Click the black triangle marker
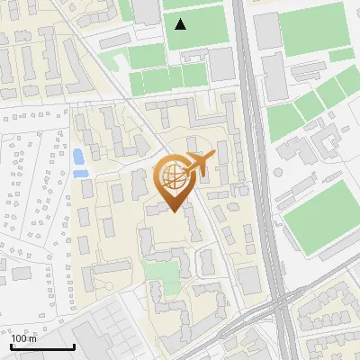[x=181, y=24]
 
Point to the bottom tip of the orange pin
[x=174, y=212]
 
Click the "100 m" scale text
[x=23, y=338]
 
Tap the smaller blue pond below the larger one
[x=80, y=172]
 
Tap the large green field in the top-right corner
[x=312, y=28]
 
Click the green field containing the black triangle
[x=193, y=27]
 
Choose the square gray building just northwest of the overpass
[x=248, y=280]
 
